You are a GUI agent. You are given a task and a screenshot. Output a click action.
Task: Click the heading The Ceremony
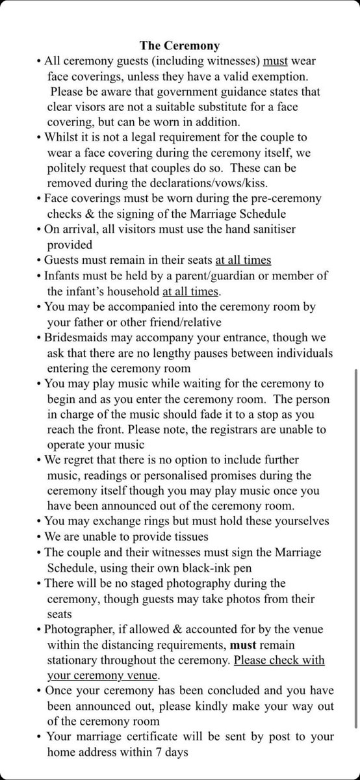click(180, 46)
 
